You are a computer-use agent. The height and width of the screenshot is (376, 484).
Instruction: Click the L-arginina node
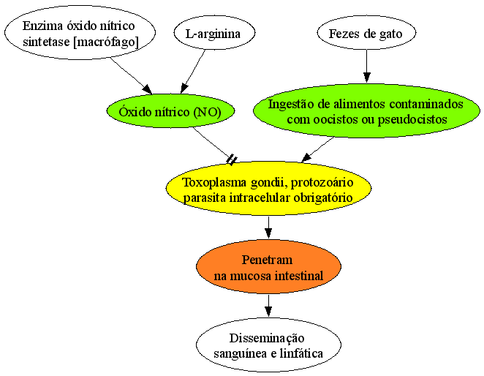[214, 33]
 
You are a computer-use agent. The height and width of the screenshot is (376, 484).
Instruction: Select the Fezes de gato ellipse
[366, 33]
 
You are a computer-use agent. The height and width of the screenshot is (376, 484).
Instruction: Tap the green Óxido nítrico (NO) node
[170, 111]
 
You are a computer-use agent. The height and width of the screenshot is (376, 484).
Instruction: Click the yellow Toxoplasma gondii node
[268, 189]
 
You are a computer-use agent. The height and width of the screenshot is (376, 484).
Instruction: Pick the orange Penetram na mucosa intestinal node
[268, 266]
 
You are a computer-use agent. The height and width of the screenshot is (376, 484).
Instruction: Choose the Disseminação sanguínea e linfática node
[268, 345]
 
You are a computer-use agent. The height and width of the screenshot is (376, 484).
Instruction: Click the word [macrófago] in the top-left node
[106, 42]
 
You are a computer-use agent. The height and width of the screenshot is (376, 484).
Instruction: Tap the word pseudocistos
[412, 119]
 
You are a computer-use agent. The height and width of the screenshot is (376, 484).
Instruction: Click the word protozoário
[322, 182]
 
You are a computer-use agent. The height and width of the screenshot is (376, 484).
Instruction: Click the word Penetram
[267, 260]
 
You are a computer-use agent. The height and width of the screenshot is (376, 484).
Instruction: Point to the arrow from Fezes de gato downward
[366, 66]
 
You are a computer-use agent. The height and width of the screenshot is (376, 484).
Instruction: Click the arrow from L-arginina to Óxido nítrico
[193, 72]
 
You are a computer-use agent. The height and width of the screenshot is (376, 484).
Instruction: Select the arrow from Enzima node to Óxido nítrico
[131, 75]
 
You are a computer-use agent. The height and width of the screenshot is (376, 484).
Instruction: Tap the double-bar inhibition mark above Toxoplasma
[232, 160]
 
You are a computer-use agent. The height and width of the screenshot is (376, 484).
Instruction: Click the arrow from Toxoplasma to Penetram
[268, 228]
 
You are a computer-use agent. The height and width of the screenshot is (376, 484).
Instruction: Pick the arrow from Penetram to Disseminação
[268, 306]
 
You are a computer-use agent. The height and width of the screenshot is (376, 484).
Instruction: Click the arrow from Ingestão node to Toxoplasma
[317, 149]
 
